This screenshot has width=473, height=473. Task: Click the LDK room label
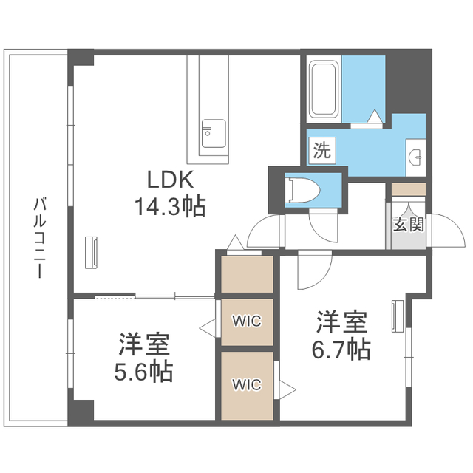tap(171, 180)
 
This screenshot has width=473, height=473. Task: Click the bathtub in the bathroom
tap(323, 90)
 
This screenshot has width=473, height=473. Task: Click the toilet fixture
tap(302, 188)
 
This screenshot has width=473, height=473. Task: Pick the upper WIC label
tap(246, 321)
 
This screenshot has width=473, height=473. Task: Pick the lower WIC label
tap(246, 384)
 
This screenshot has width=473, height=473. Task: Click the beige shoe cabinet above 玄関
tap(408, 189)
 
